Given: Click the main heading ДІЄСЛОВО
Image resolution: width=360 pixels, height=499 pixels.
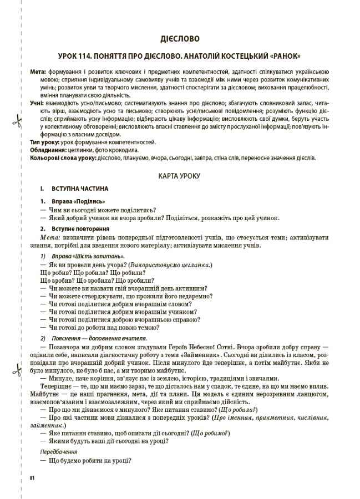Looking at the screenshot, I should click(180, 39).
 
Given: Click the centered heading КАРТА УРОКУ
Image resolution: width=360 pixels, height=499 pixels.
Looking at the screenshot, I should click(180, 176).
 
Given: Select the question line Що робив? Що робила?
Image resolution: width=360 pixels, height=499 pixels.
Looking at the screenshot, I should click(74, 273).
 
